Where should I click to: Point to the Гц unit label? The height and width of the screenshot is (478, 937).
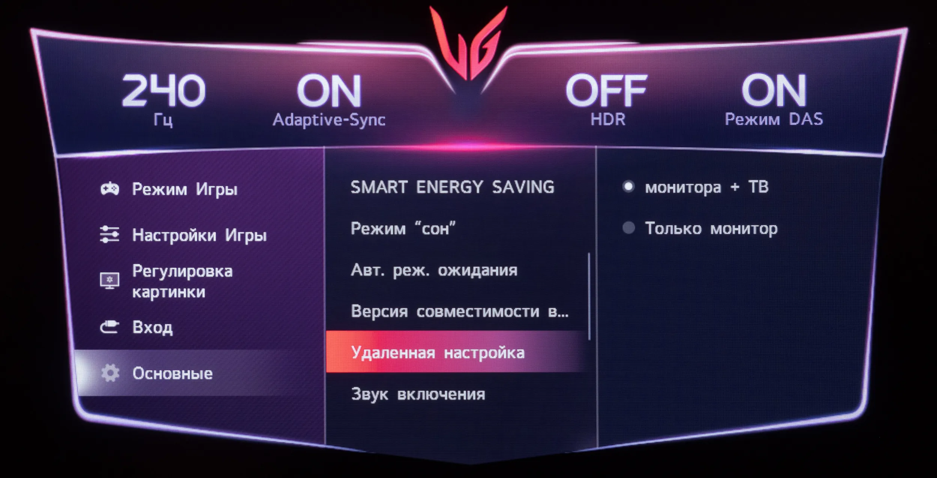[163, 120]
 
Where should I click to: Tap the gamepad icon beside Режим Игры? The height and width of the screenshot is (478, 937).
[110, 189]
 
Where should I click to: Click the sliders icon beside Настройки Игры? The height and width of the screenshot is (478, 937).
[109, 234]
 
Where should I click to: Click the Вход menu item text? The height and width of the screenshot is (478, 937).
[153, 327]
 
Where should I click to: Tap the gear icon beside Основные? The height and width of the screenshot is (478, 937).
[110, 373]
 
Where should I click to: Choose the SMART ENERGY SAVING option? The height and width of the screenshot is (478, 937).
[452, 187]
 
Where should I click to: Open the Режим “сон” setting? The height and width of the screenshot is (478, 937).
[403, 228]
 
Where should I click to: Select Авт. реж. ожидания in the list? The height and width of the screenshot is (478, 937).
[434, 270]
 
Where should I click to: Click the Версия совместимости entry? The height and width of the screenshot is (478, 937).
[460, 311]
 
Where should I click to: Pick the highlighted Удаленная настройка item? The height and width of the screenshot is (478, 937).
[438, 353]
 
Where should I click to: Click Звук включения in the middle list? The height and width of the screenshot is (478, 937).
[418, 394]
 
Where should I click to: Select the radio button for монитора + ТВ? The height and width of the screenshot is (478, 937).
[629, 186]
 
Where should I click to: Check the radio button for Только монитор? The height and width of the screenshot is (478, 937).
[629, 228]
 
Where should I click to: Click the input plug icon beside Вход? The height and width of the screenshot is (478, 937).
[109, 327]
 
